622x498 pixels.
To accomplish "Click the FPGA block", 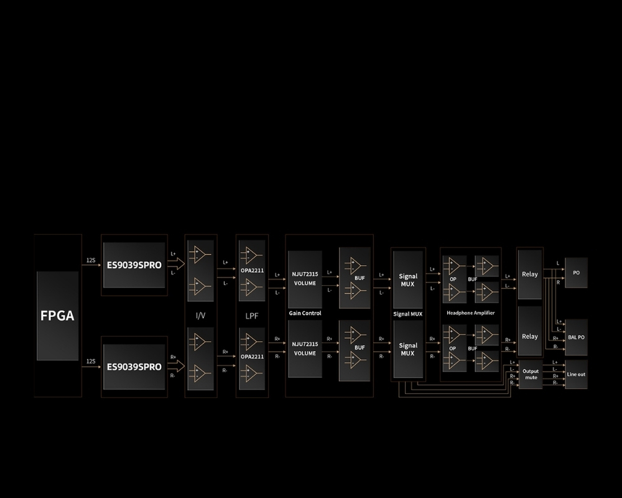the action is (x=57, y=316).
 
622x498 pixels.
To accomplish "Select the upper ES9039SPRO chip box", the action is (x=134, y=265).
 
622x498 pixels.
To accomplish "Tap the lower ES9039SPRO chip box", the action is (x=134, y=367).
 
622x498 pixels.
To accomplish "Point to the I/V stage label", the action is (x=201, y=316).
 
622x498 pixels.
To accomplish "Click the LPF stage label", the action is (x=252, y=316).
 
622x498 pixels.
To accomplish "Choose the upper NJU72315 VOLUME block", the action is (x=305, y=279).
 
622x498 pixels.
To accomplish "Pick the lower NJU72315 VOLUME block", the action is (x=305, y=349).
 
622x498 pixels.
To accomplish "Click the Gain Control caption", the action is (x=305, y=313).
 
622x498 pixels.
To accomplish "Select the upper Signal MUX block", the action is (x=408, y=280).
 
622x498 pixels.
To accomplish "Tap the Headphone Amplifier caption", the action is (x=471, y=313).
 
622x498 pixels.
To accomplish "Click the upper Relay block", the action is (x=530, y=274).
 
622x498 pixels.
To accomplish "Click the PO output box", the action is (x=577, y=273).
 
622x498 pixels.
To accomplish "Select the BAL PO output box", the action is (x=577, y=337).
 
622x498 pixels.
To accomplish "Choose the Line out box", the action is (x=577, y=374).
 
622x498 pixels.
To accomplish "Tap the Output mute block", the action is (x=531, y=375).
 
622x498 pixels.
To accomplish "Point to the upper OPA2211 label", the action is (x=253, y=270).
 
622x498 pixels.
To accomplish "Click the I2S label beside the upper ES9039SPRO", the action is (x=91, y=260).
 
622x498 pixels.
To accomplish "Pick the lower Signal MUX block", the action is (x=408, y=349).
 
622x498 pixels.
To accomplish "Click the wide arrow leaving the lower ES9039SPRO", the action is (x=176, y=366).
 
